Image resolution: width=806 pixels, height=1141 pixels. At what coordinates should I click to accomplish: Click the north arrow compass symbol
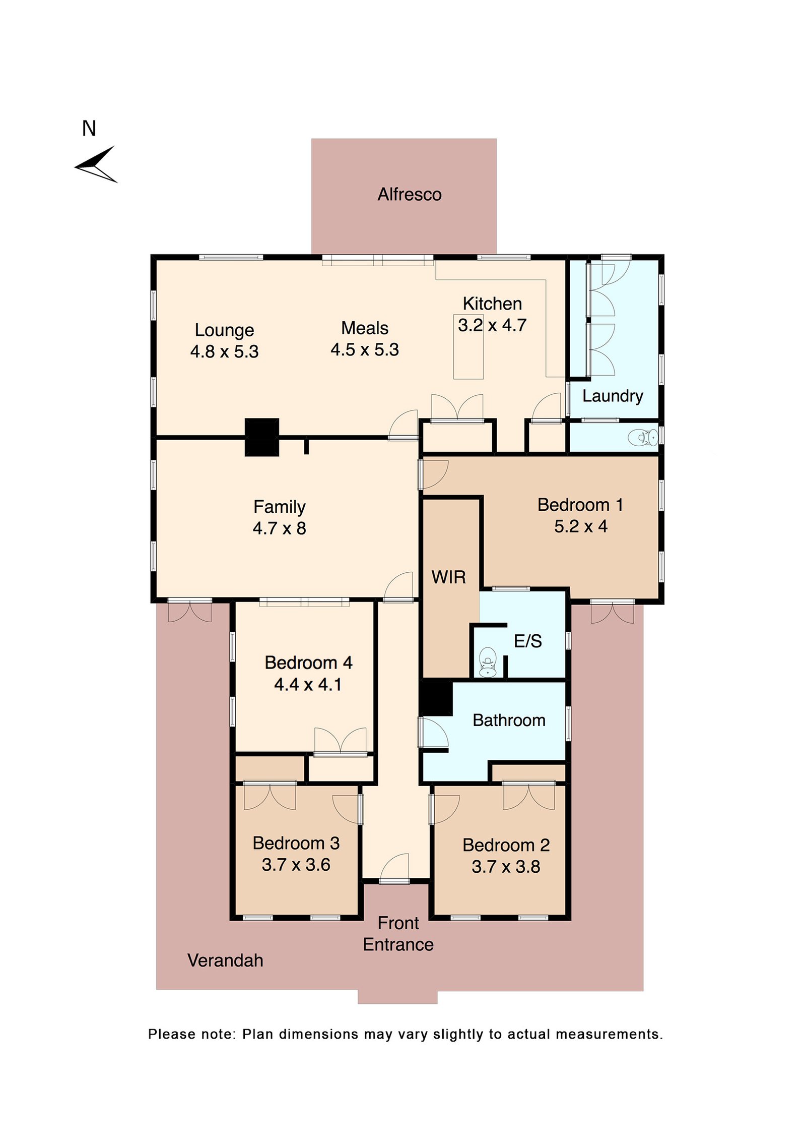coord(96,164)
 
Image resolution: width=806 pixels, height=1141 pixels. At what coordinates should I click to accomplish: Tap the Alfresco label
coord(409,194)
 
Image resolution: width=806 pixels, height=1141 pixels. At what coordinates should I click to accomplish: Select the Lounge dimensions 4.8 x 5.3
coord(224,351)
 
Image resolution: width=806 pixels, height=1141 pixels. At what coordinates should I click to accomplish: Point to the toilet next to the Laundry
coord(643,437)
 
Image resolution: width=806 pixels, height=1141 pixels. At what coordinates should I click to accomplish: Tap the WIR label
coord(448,577)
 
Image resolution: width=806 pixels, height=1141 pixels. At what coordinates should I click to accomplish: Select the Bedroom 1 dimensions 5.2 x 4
coord(580,526)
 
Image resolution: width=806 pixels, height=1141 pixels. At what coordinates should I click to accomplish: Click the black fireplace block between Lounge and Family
coord(261,437)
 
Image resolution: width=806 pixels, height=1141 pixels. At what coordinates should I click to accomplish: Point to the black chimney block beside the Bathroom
coord(436,698)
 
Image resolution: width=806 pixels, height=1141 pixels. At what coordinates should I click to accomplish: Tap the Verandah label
coord(225,960)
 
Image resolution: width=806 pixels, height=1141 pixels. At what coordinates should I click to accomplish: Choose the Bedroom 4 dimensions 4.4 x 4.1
coord(308,684)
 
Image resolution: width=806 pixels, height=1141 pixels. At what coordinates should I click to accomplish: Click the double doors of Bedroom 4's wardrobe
coord(340,742)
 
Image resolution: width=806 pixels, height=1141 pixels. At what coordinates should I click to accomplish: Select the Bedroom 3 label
coord(296,843)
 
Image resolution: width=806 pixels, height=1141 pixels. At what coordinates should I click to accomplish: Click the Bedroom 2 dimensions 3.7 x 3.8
coord(506,867)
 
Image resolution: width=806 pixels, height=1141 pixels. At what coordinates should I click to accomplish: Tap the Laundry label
coord(613,396)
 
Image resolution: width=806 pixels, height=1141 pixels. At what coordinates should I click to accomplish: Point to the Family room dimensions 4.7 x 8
coord(279,528)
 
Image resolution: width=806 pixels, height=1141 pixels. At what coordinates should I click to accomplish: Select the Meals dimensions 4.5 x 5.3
coord(365,349)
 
